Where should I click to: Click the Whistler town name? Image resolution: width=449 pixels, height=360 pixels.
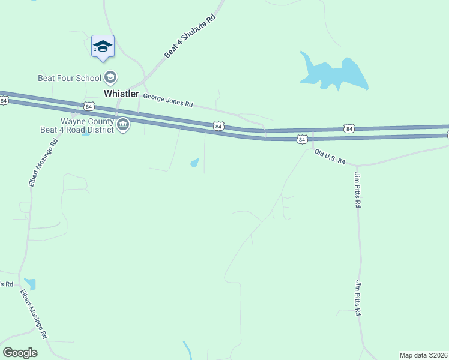[121, 94]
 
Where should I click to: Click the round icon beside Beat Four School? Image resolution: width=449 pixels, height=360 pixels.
[110, 77]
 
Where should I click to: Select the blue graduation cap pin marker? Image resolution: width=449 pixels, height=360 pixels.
[103, 46]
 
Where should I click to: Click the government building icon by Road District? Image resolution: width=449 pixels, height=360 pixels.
[124, 125]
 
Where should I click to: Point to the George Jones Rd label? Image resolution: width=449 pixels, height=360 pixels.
[167, 100]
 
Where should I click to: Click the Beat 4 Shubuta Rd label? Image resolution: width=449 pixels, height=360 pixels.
[190, 37]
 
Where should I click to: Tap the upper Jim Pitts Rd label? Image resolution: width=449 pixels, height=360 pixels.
[358, 190]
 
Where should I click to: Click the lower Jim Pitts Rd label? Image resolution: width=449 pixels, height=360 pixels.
[360, 299]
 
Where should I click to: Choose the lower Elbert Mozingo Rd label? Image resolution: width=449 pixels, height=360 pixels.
[34, 314]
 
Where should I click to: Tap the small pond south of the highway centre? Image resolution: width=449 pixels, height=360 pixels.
[194, 163]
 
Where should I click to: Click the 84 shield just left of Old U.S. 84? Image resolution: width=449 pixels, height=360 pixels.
[301, 139]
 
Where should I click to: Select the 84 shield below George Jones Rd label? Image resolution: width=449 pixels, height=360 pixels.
[218, 126]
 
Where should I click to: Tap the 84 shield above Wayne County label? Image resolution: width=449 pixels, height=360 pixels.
[89, 107]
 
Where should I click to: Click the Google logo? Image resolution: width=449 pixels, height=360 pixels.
[20, 353]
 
